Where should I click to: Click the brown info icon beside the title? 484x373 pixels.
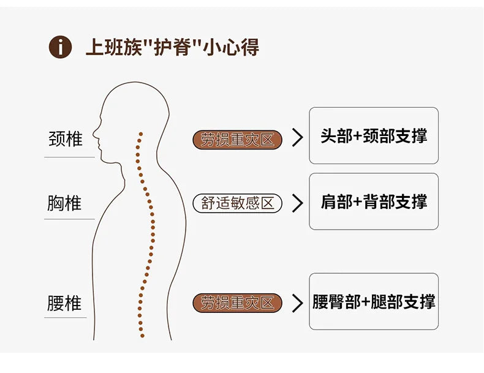click(60, 47)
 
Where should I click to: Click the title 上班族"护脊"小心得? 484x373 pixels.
click(172, 47)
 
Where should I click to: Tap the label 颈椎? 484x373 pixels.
click(65, 138)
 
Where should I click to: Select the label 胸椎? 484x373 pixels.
click(64, 203)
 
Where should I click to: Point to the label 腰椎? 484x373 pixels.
click(64, 303)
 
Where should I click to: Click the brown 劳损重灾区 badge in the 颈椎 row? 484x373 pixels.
click(238, 140)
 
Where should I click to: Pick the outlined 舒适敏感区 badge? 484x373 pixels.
click(238, 203)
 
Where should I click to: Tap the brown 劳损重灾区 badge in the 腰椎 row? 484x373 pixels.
click(238, 303)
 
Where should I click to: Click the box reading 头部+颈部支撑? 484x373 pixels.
click(374, 136)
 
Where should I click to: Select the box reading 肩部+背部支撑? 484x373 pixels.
click(374, 202)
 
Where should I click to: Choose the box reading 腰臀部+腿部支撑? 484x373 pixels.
click(374, 301)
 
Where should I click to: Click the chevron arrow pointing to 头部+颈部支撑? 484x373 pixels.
click(298, 138)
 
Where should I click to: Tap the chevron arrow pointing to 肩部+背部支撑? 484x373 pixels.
click(298, 203)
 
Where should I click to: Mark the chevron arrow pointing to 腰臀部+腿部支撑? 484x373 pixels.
click(298, 303)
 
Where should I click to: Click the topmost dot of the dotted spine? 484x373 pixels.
click(141, 133)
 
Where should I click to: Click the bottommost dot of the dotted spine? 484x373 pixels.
click(142, 336)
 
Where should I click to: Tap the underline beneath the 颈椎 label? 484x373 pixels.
click(69, 157)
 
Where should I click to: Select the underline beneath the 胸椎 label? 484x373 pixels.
click(69, 219)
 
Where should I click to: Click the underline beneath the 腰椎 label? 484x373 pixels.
click(69, 318)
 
